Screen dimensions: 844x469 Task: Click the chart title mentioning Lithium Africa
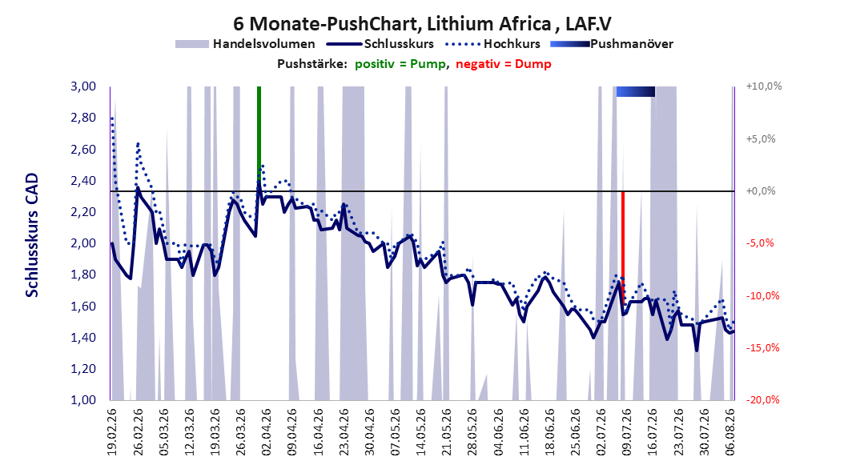(x=422, y=24)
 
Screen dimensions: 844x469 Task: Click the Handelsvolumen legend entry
(x=246, y=44)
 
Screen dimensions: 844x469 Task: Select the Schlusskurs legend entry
(x=380, y=44)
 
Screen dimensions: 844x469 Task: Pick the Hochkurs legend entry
(x=492, y=44)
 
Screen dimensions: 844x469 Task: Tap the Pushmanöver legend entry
(x=612, y=44)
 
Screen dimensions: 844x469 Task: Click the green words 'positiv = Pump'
(x=400, y=64)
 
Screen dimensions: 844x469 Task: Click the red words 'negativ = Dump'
(x=504, y=64)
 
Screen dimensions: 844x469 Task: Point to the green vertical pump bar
(x=259, y=137)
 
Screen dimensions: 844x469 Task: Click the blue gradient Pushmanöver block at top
(x=636, y=91)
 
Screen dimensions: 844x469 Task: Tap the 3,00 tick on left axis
(x=83, y=86)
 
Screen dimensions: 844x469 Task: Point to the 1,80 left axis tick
(x=83, y=275)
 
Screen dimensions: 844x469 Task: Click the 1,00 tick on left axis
(x=83, y=400)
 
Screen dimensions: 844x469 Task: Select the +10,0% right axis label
(x=764, y=86)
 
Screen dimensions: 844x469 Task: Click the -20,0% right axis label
(x=762, y=399)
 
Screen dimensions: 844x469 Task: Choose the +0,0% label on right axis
(x=761, y=191)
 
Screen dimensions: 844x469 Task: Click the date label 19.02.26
(x=112, y=432)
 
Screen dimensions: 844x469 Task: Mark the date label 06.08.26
(x=729, y=432)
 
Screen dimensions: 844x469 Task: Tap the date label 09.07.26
(x=626, y=432)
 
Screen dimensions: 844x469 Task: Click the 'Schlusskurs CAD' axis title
(x=32, y=235)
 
